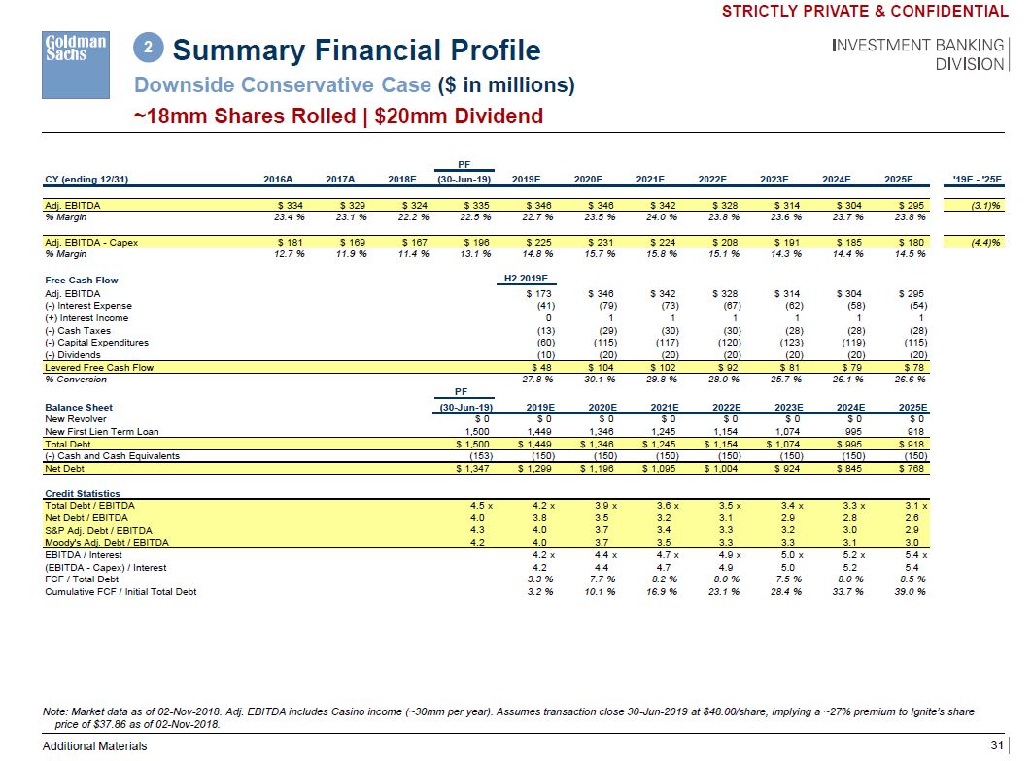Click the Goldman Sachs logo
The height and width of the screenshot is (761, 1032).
tap(74, 48)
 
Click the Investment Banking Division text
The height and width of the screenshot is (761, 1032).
tap(917, 54)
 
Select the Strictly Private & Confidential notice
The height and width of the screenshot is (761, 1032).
tap(865, 11)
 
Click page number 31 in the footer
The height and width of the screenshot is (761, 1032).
tap(996, 745)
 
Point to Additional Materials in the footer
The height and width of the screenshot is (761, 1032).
tap(94, 745)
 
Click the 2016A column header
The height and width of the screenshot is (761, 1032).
tap(277, 179)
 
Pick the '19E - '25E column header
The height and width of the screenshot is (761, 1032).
tap(981, 179)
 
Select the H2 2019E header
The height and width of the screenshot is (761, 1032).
tap(519, 280)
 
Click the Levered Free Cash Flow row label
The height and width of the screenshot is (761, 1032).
tap(99, 367)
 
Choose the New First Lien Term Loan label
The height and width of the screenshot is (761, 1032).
tap(102, 431)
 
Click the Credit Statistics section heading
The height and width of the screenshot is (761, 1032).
tap(83, 494)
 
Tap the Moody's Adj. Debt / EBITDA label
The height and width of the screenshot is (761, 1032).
tap(107, 543)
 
